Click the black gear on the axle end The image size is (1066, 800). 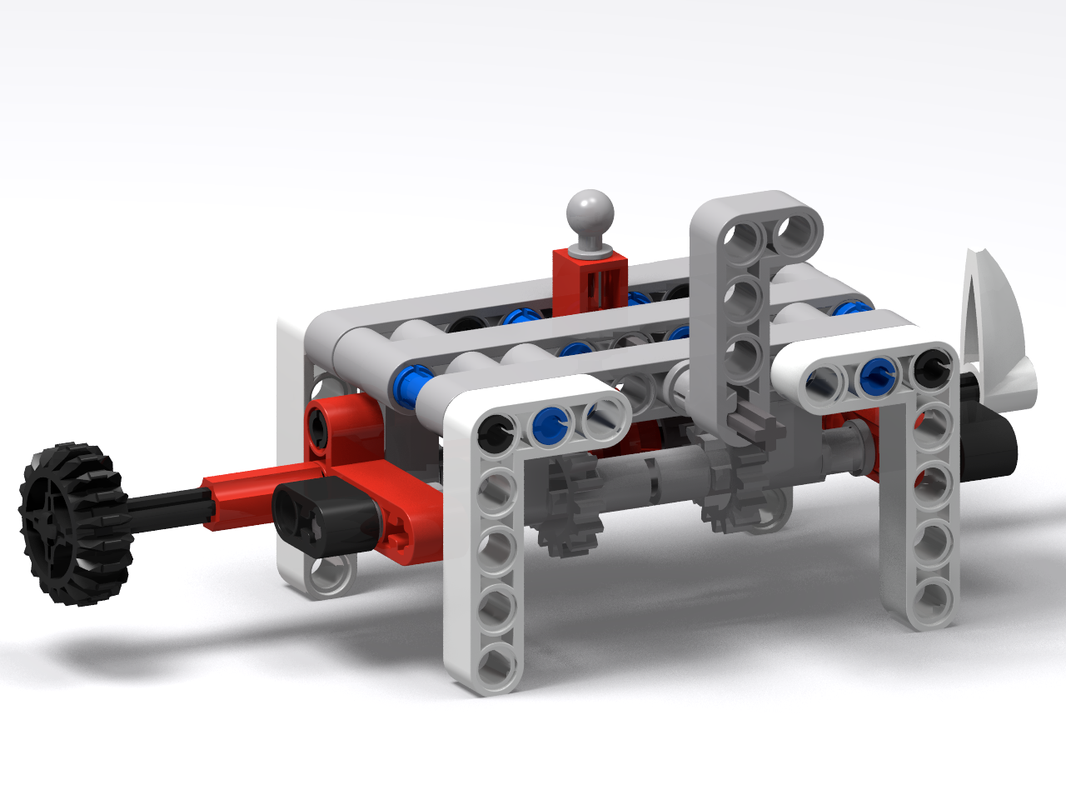pos(75,523)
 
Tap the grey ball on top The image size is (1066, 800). pos(590,213)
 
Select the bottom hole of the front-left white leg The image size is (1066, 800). pos(496,664)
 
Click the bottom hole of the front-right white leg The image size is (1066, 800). pos(931,597)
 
